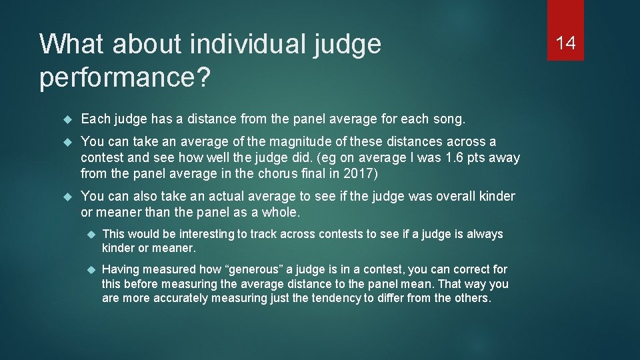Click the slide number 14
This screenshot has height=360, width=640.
pos(565,43)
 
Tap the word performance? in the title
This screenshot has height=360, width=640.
pos(125,77)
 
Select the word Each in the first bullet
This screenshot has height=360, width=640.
pos(94,119)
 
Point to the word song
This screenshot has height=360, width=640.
pos(450,119)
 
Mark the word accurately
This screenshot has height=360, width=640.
pos(181,298)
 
